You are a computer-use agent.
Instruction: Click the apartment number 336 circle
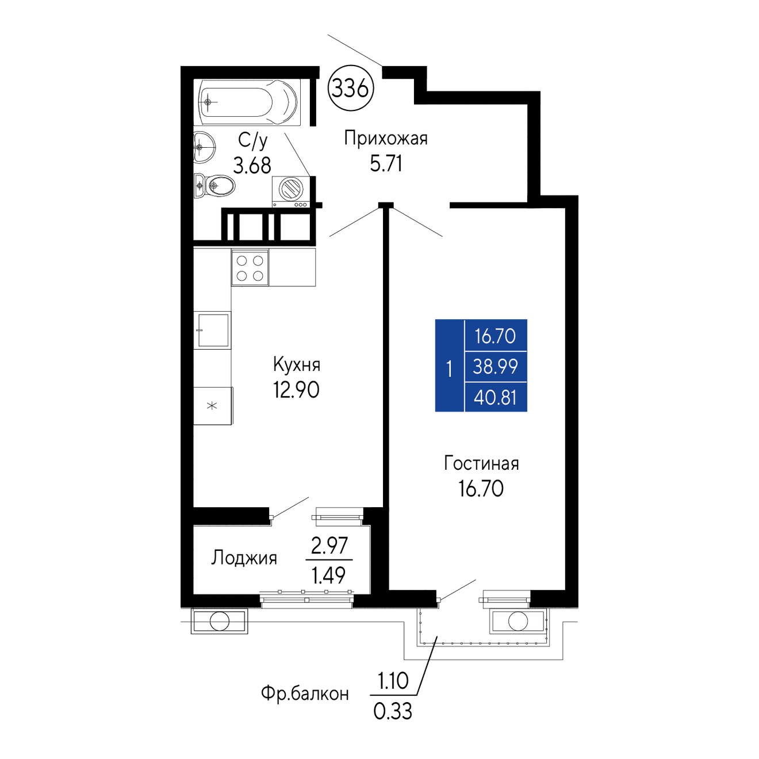(351, 88)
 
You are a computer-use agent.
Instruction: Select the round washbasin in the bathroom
(204, 147)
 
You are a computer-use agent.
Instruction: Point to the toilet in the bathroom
(214, 185)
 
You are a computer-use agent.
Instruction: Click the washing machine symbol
(291, 191)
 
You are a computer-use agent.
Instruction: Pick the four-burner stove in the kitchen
(250, 267)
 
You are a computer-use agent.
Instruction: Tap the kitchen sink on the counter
(213, 329)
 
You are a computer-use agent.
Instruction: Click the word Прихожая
(386, 139)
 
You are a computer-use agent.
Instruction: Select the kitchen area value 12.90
(296, 390)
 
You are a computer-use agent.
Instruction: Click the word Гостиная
(481, 463)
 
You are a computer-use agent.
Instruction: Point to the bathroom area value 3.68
(252, 165)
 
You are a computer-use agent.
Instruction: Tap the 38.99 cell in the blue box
(495, 366)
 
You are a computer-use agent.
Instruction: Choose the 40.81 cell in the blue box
(495, 397)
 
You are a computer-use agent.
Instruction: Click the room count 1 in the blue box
(449, 369)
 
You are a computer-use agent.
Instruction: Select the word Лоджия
(244, 558)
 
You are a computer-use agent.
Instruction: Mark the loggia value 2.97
(329, 546)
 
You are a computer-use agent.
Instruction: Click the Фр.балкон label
(305, 693)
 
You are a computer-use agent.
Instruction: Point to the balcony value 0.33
(392, 711)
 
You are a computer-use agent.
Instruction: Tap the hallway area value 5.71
(386, 163)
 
